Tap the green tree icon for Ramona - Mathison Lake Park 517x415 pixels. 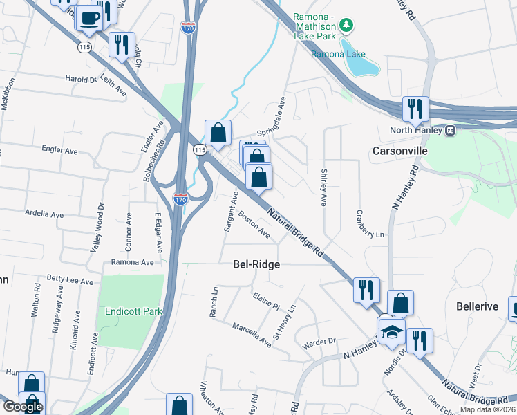(x=348, y=26)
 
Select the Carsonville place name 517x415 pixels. (x=399, y=150)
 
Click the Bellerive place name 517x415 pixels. (x=477, y=306)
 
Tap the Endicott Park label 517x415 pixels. (x=133, y=311)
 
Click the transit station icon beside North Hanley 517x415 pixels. (x=450, y=129)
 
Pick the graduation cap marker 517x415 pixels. (x=392, y=331)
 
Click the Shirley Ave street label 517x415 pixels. (x=323, y=187)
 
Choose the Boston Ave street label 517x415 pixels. (x=254, y=224)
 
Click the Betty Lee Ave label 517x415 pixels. (x=70, y=282)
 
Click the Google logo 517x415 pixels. (x=23, y=407)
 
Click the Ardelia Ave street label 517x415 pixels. (x=44, y=215)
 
